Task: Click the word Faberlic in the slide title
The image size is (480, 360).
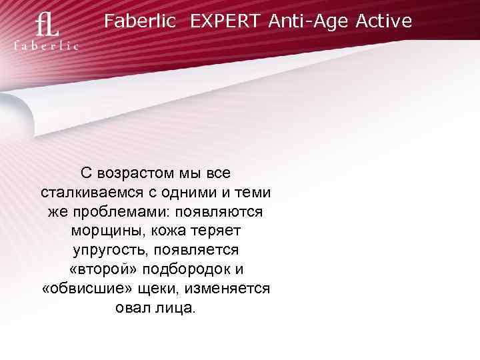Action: click(140, 22)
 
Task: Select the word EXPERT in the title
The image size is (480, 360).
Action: click(226, 22)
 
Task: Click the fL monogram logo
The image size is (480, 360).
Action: click(47, 27)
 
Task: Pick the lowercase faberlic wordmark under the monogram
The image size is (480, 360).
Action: click(47, 46)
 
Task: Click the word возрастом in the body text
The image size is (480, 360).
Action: click(135, 173)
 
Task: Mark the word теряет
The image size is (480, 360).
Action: click(217, 231)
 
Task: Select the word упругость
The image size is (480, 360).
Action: click(111, 251)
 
